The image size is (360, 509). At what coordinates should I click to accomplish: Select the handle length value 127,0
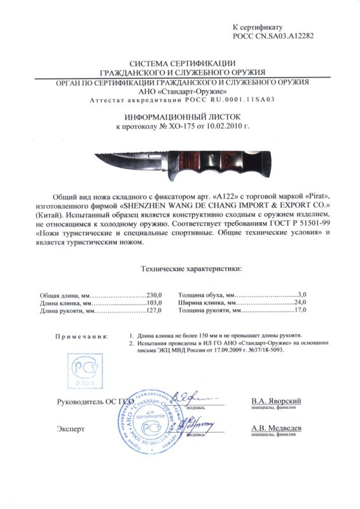155,310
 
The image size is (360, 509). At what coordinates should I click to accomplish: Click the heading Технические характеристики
190,269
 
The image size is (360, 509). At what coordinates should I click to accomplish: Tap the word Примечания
81,335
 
